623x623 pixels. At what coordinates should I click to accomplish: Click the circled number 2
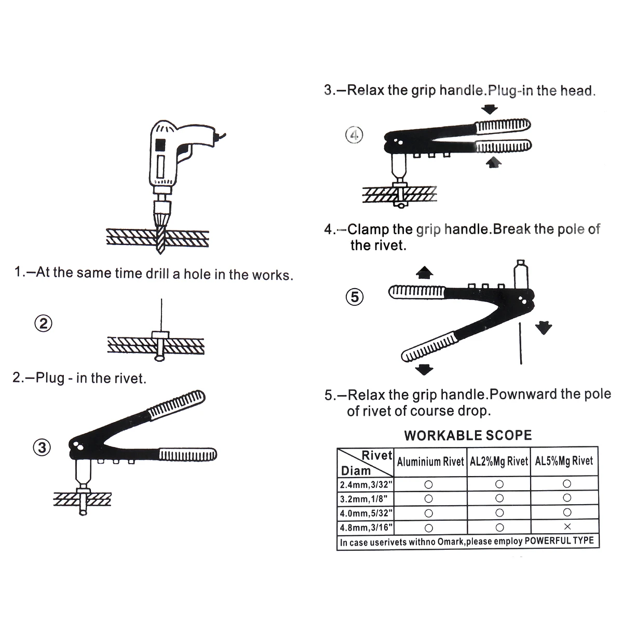pos(44,324)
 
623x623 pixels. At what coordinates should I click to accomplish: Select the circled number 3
pos(42,448)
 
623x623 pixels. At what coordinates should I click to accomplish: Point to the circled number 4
pos(354,136)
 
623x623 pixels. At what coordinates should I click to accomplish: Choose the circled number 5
pos(355,297)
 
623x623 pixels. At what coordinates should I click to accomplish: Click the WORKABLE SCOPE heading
pos(468,436)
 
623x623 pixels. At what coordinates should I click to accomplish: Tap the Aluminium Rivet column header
pos(430,462)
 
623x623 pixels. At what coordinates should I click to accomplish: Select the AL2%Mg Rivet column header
pos(499,462)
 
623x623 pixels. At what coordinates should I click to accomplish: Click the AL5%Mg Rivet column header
pos(564,461)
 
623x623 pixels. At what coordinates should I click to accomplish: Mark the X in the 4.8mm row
pos(567,527)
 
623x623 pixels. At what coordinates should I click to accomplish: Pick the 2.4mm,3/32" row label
pos(366,485)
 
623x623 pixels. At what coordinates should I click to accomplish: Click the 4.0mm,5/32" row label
pos(366,513)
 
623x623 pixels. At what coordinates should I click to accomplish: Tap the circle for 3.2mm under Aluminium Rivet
pos(428,499)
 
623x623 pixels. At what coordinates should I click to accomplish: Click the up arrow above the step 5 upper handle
pos(425,272)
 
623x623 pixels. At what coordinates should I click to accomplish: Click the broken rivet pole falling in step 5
pos(520,343)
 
